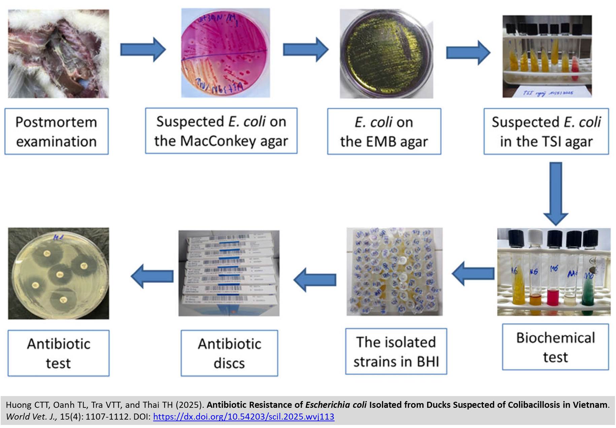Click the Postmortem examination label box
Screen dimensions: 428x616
(x=56, y=131)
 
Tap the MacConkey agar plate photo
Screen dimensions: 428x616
(x=225, y=53)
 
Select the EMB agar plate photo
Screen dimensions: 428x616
(x=386, y=54)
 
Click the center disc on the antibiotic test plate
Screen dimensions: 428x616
(x=60, y=274)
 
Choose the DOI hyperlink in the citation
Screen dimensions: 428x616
(x=243, y=417)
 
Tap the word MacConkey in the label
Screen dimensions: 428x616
(x=218, y=141)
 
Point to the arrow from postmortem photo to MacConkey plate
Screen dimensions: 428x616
(x=143, y=49)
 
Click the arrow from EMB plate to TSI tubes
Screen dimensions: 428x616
(x=468, y=52)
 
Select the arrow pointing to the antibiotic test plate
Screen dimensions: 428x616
(x=152, y=276)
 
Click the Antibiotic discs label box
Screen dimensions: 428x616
(x=229, y=353)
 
